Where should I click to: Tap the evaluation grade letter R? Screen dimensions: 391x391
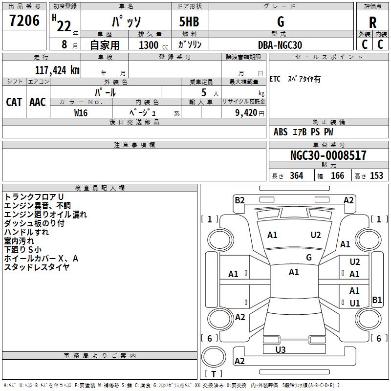[372, 22]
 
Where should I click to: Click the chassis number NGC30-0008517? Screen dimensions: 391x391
[328, 156]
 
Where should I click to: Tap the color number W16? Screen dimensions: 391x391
[81, 112]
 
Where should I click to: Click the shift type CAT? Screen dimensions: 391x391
[14, 102]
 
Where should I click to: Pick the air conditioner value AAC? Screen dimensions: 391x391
[38, 102]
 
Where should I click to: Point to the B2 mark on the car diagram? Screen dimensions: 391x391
[239, 200]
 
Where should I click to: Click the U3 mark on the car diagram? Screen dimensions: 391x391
[281, 349]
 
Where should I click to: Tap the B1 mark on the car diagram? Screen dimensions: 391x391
[377, 300]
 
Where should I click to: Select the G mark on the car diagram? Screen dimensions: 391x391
[309, 257]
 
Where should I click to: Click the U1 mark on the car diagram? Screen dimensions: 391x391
[355, 303]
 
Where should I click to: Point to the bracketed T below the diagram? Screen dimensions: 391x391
[214, 374]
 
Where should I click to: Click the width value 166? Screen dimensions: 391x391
[337, 176]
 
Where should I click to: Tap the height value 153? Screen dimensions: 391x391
[376, 176]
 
